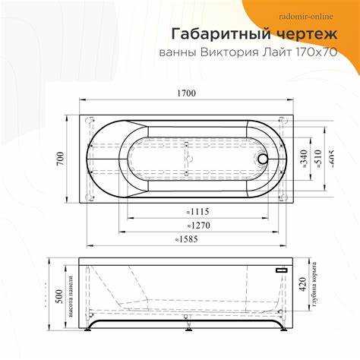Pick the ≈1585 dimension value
(x=187, y=239)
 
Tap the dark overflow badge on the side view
(x=283, y=270)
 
